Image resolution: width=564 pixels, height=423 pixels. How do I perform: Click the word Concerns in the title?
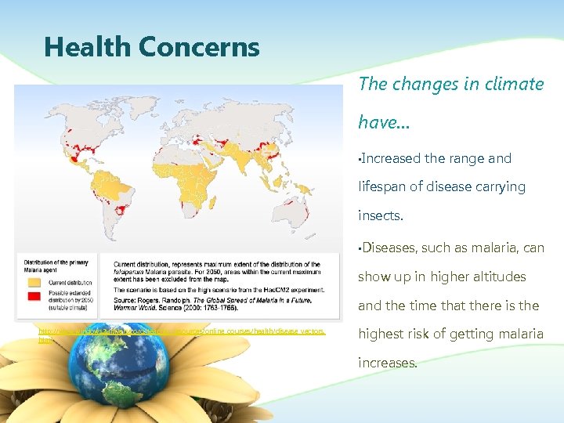click(x=199, y=47)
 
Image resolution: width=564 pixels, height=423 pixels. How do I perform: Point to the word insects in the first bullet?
click(x=381, y=215)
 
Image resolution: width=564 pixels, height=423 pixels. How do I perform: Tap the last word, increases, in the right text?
click(x=388, y=363)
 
